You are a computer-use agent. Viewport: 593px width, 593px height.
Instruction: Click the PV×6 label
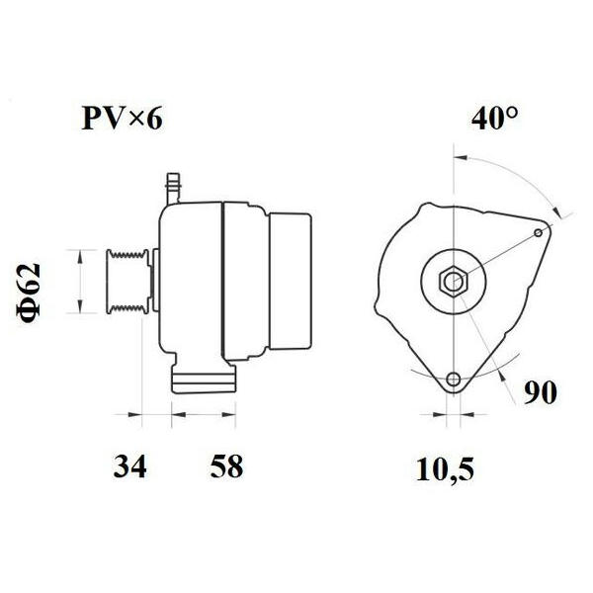point(123,119)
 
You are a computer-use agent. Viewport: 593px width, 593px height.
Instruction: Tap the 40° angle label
point(495,118)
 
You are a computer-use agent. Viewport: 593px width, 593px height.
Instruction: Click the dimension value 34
point(129,466)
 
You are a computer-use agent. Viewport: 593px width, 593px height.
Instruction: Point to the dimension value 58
point(226,466)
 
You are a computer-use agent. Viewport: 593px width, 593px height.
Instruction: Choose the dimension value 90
point(540,392)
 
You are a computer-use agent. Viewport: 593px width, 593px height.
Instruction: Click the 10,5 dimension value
point(445,469)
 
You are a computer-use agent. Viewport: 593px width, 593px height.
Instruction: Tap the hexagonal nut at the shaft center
point(454,281)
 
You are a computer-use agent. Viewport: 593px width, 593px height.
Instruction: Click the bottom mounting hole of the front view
point(454,379)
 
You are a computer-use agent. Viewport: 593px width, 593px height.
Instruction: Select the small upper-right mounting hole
point(539,232)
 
